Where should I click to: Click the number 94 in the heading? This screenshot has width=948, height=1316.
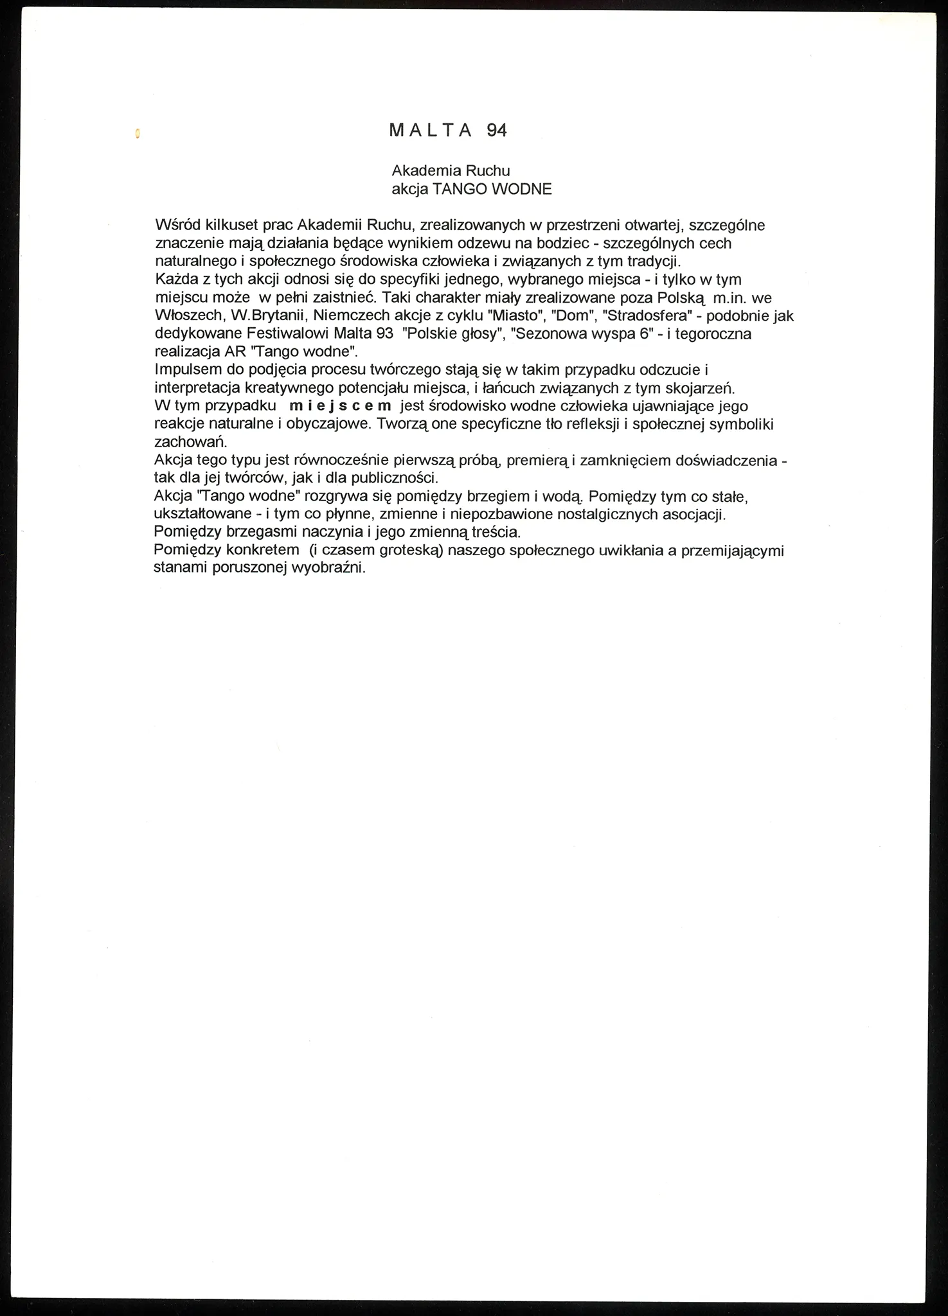click(497, 130)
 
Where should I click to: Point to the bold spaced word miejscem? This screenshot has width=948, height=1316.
click(341, 406)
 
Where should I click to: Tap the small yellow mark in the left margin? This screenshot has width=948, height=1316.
click(137, 134)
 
